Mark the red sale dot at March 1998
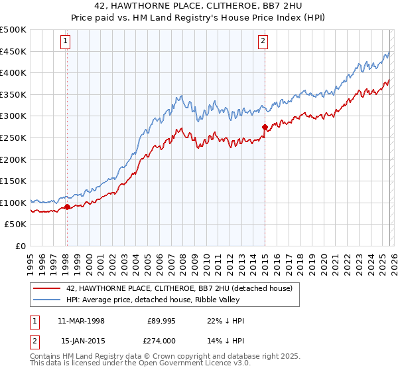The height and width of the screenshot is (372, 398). pos(67,207)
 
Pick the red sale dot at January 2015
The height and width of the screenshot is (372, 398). pos(265,127)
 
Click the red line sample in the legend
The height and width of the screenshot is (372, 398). pos(47,288)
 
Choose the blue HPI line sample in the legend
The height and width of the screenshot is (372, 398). pos(47,300)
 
